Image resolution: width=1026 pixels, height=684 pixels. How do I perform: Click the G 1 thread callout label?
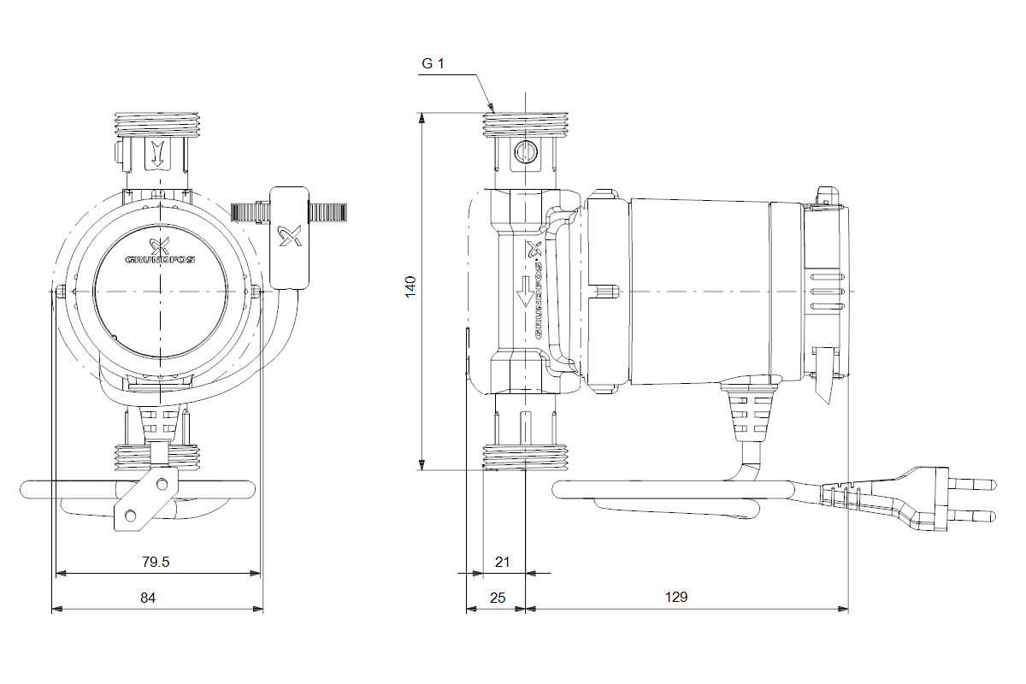click(x=433, y=64)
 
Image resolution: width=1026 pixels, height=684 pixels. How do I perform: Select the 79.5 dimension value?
click(x=156, y=562)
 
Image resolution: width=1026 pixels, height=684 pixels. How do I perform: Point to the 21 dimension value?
click(x=503, y=562)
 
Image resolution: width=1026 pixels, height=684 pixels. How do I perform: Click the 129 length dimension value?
click(x=676, y=598)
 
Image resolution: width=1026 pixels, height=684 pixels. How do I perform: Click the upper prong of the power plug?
click(x=975, y=485)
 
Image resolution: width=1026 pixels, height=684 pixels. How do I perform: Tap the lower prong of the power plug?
click(x=975, y=516)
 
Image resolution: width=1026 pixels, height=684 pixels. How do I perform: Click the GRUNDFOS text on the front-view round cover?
click(x=160, y=259)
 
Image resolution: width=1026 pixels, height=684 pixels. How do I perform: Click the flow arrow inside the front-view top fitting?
click(x=157, y=155)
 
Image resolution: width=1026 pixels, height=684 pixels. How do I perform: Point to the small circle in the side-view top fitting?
click(x=524, y=153)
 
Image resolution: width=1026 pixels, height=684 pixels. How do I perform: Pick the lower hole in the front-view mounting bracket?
click(x=131, y=515)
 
